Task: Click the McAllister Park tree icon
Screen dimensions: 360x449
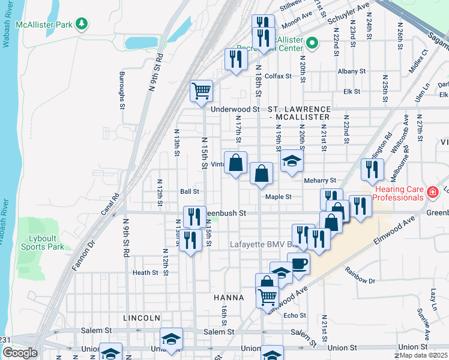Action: tap(81, 24)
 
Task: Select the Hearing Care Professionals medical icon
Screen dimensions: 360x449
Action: tap(432, 193)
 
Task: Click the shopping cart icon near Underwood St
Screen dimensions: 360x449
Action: tap(202, 91)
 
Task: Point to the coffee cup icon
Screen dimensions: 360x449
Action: tap(298, 263)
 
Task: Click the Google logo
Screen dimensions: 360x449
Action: tap(19, 353)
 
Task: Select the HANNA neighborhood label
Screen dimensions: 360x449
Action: tap(229, 298)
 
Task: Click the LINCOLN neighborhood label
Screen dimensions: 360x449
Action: tap(141, 317)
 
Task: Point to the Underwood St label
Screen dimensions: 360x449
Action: tap(235, 110)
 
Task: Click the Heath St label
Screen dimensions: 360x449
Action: tap(145, 272)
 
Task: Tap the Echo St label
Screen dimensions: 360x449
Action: tap(295, 315)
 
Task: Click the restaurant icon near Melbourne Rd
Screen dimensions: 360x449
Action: tap(372, 170)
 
